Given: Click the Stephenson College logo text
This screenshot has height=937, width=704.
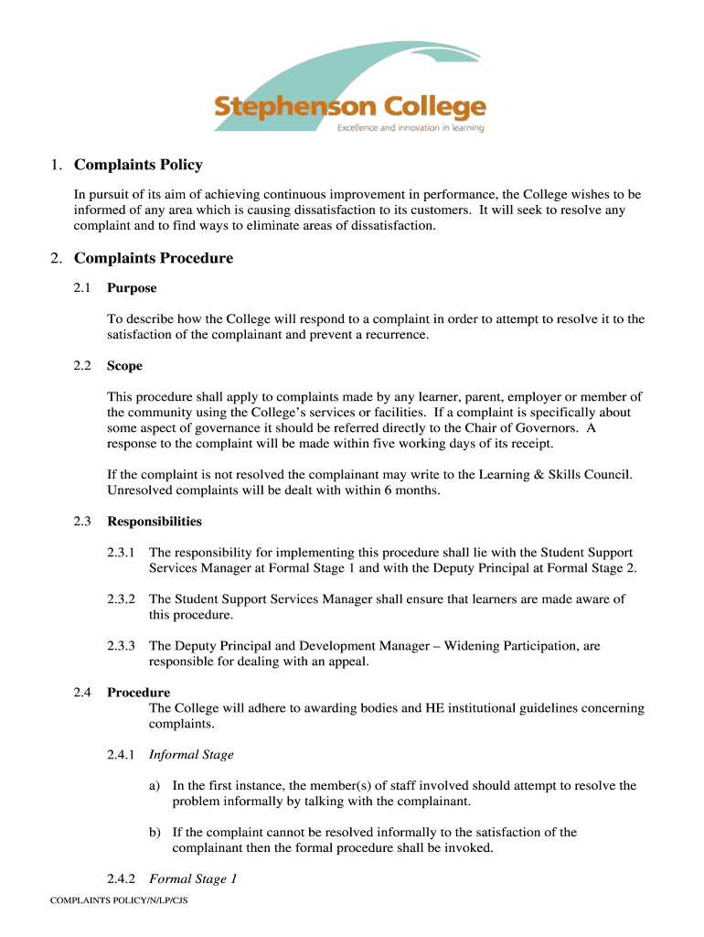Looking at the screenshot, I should tap(350, 108).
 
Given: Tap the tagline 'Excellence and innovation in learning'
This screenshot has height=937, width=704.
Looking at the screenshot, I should tap(411, 129).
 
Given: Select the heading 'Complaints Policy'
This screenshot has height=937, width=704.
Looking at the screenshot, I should tap(138, 166).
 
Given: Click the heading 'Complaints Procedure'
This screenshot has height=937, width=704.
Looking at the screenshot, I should tap(154, 258).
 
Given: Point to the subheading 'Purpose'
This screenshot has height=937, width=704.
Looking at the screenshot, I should tap(132, 288).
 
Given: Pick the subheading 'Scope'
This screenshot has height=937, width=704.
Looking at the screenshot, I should tap(124, 366).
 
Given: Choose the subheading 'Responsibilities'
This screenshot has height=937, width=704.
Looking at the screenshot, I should tap(155, 522).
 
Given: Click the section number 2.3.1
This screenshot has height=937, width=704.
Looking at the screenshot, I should tap(121, 553).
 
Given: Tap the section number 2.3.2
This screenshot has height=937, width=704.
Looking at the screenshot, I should tap(121, 599).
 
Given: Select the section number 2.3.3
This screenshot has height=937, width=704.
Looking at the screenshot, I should tap(121, 646).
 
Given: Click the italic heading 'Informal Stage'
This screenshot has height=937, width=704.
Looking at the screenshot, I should tap(191, 755).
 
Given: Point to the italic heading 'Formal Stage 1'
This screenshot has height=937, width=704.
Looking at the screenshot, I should tap(193, 879).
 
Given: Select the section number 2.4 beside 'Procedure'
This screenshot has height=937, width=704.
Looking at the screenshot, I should tap(82, 693).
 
